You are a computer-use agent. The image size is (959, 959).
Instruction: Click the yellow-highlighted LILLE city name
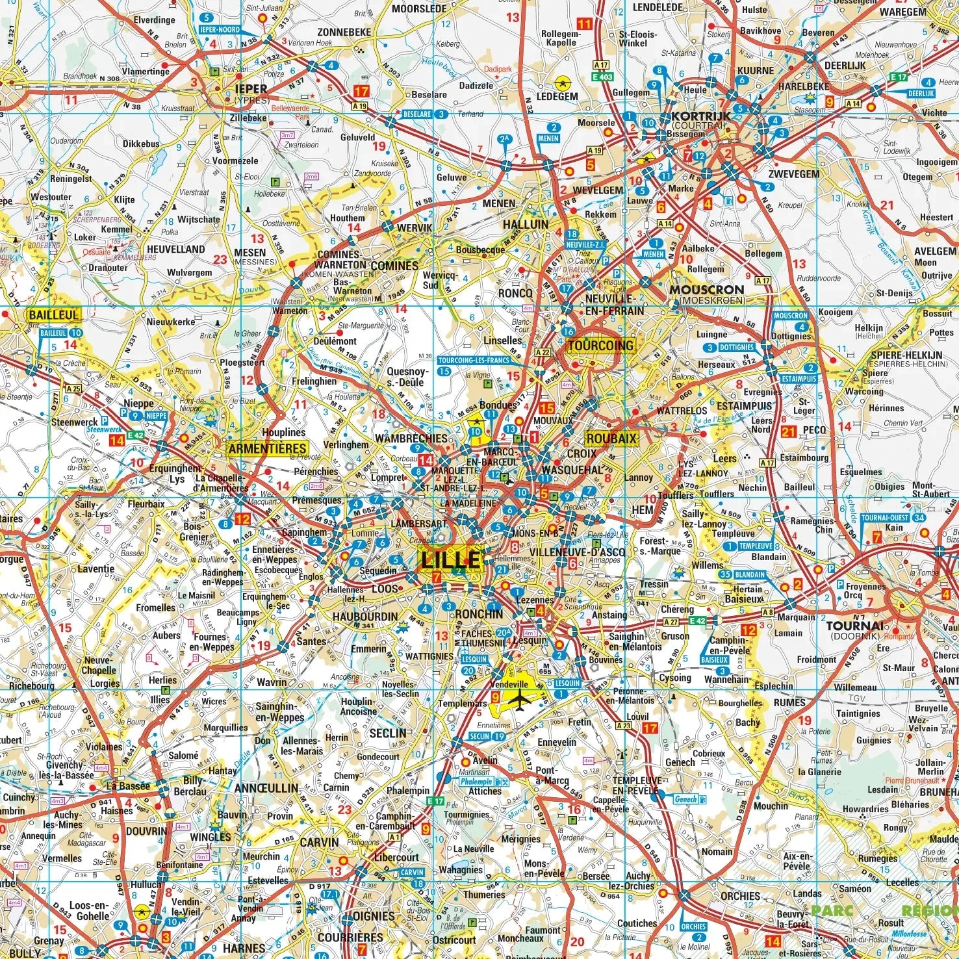[x=452, y=559]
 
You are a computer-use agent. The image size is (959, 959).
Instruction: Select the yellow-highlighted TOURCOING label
[x=600, y=346]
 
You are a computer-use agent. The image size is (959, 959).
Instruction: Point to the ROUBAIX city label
[x=612, y=439]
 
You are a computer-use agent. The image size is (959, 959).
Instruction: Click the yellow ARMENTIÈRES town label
[x=267, y=448]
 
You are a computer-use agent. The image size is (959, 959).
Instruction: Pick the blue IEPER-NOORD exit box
[x=220, y=30]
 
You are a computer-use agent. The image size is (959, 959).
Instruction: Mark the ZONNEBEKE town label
[x=344, y=32]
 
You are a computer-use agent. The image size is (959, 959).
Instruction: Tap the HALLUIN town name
[x=526, y=224]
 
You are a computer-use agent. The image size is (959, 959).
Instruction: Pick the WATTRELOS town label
[x=682, y=411]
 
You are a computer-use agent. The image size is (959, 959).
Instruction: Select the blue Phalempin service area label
[x=477, y=782]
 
